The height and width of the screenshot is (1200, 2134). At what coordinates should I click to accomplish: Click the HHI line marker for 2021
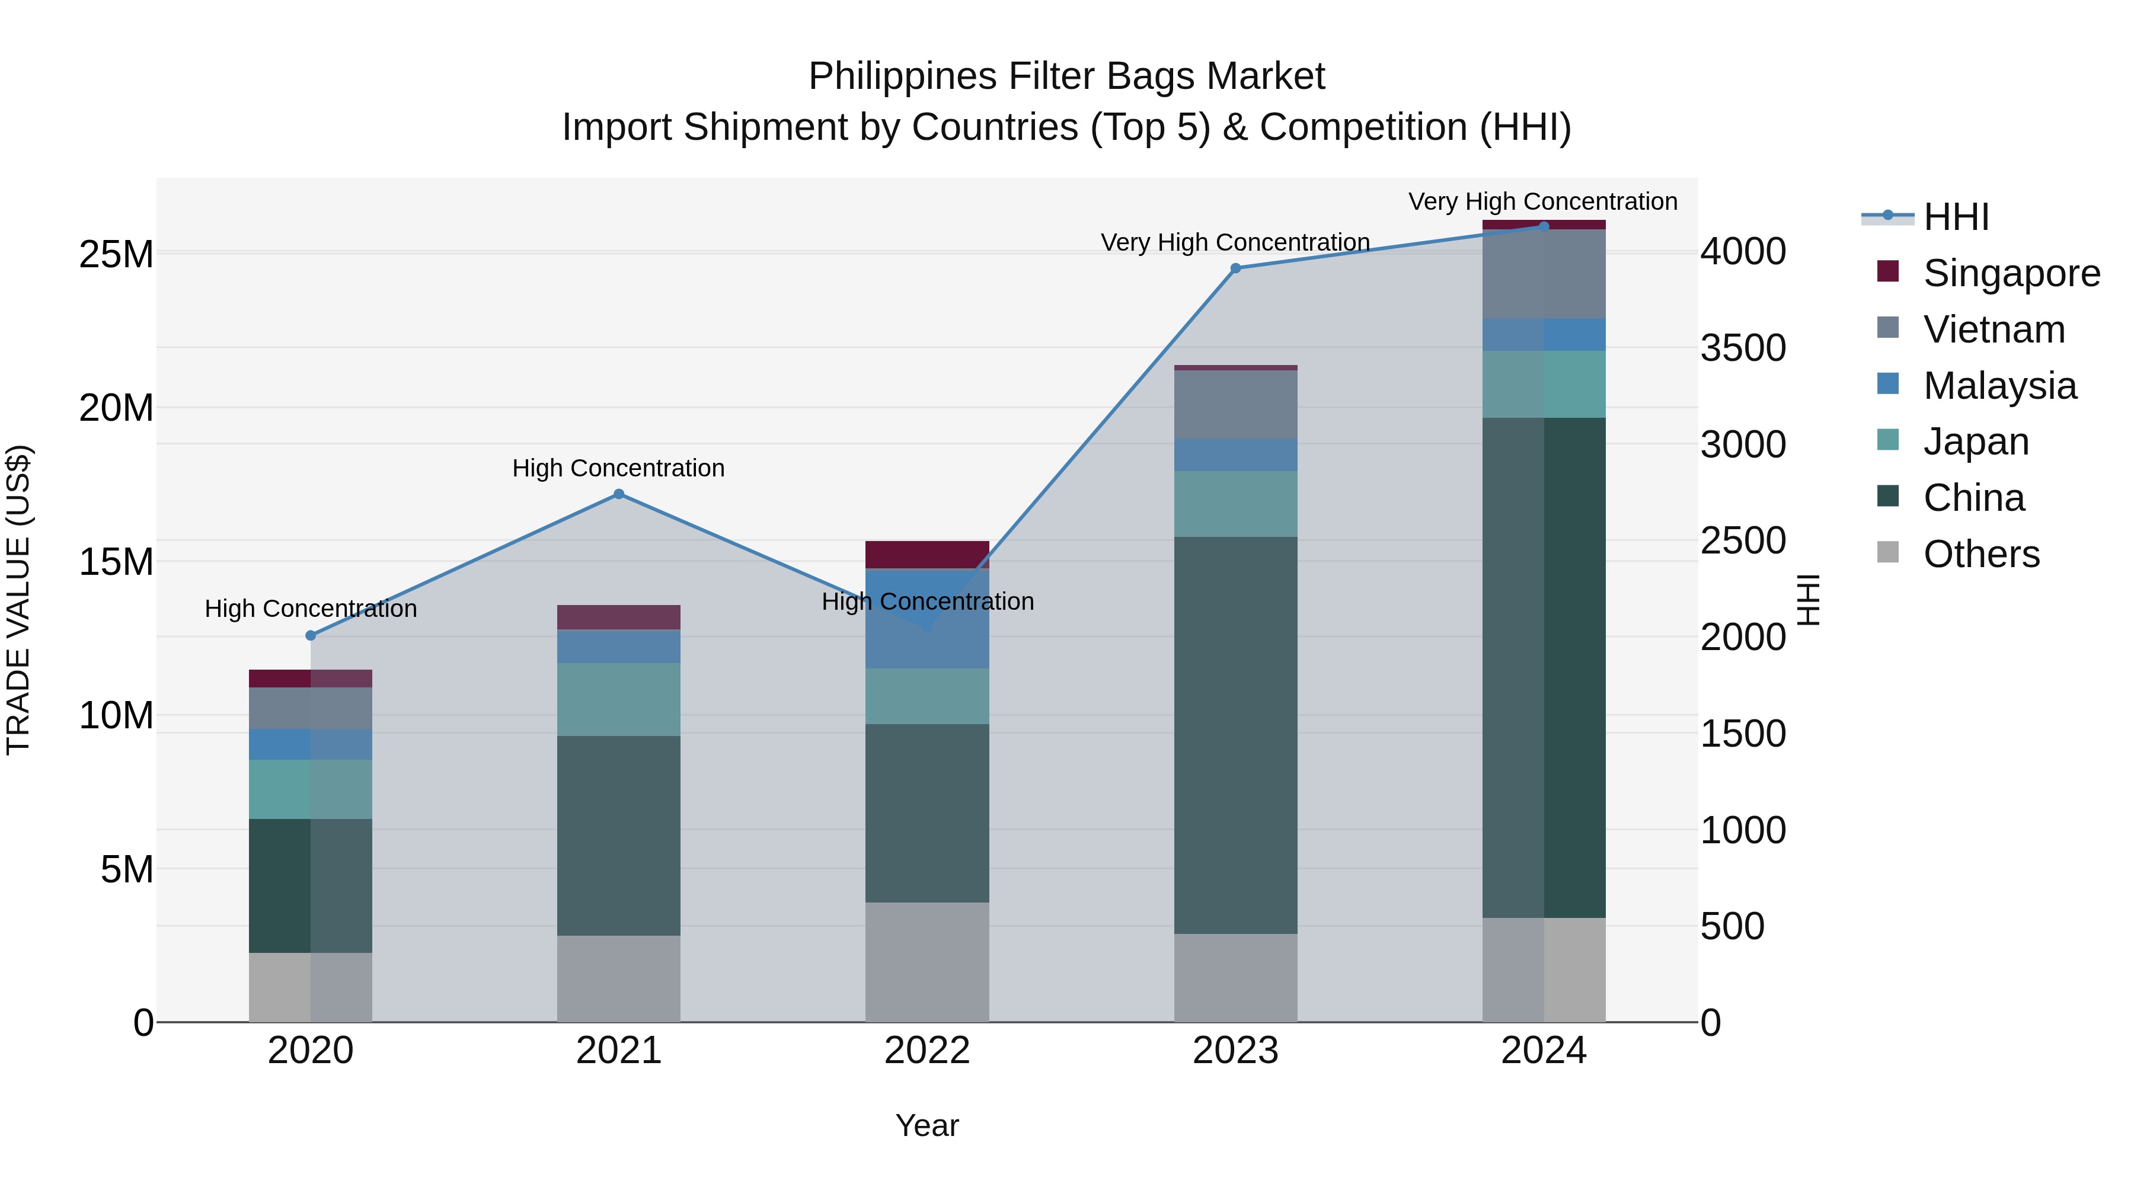point(619,494)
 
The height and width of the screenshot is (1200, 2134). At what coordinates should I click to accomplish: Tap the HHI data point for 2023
point(1235,268)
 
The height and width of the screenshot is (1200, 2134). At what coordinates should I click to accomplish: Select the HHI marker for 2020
point(311,636)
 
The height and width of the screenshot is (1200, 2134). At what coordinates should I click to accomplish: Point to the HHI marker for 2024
point(1544,226)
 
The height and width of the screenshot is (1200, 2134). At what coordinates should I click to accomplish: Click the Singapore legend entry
point(2011,273)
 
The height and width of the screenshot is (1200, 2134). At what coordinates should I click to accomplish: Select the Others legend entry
point(1980,554)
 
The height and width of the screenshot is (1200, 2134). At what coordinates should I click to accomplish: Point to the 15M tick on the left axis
point(116,562)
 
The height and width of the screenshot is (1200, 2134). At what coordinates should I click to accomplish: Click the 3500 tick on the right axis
point(1743,348)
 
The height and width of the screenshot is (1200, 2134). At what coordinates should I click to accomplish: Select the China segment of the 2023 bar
point(1235,735)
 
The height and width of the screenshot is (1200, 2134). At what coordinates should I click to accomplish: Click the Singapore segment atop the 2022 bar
point(927,554)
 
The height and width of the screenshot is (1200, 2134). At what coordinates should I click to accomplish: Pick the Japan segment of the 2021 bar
point(619,700)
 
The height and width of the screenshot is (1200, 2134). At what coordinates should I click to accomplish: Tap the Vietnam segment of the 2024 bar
point(1544,274)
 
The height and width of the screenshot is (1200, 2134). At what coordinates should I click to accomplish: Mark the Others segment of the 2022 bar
point(927,962)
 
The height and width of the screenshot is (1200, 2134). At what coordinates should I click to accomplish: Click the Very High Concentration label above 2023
point(1235,242)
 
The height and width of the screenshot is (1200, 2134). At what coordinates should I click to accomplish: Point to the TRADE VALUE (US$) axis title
point(19,600)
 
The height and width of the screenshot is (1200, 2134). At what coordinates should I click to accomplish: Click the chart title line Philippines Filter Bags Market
point(1066,76)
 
